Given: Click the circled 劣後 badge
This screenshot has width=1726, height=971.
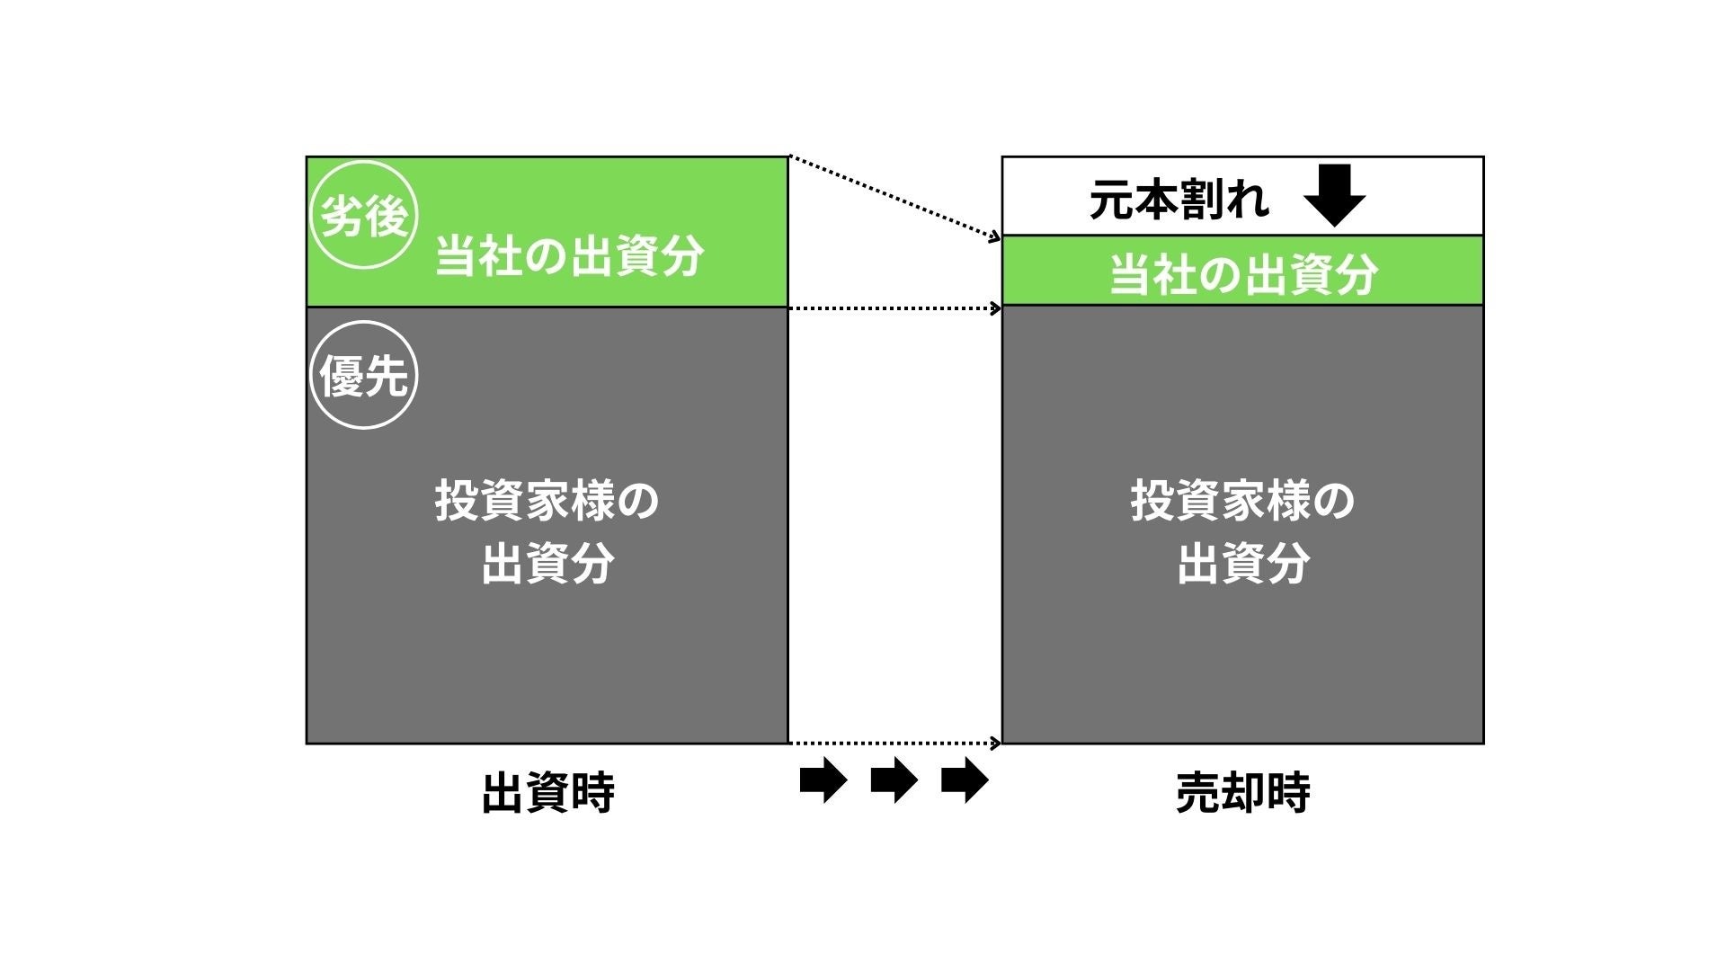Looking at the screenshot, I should click(364, 216).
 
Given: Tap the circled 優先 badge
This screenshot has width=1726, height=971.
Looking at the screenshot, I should click(364, 375).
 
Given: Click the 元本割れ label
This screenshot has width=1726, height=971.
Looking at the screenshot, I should click(1179, 199).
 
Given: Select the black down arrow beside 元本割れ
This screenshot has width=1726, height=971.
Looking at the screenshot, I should click(1334, 195).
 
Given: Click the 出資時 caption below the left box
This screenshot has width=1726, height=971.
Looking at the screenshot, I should click(547, 793).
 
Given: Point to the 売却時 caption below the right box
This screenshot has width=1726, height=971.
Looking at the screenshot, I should click(1243, 793).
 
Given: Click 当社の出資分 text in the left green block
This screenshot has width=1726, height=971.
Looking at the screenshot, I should click(569, 257).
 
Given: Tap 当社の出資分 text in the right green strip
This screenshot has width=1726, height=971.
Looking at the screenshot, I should click(1243, 273).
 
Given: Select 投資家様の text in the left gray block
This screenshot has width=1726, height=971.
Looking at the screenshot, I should click(547, 501).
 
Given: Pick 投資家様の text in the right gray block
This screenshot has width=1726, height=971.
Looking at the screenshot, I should click(1243, 501).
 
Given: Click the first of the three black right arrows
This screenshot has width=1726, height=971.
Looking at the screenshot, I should click(823, 779).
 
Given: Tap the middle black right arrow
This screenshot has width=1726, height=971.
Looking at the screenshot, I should click(894, 779).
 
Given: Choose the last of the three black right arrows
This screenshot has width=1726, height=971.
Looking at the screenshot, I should click(964, 779).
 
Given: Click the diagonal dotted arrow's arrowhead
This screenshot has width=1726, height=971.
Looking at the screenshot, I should click(995, 237).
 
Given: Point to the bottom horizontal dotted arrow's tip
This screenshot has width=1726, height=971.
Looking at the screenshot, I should click(996, 744).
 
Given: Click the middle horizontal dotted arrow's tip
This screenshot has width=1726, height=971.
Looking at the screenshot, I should click(996, 308).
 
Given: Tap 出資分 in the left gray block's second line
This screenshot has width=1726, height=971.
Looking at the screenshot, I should click(547, 564).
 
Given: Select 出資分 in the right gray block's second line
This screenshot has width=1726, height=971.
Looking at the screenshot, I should click(1243, 564).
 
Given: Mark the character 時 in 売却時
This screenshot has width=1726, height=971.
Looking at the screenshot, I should click(1288, 793).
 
